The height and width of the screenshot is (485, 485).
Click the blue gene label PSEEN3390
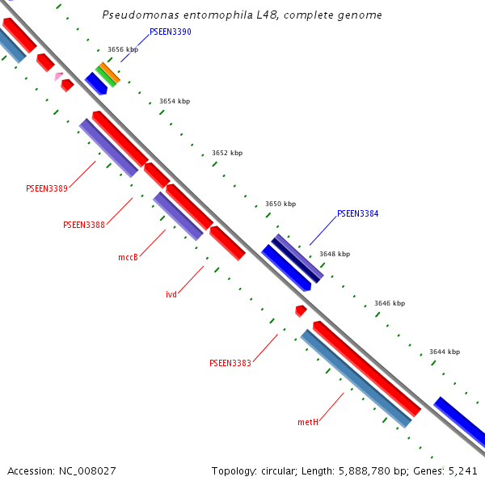(x=171, y=32)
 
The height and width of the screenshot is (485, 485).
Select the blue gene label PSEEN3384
(x=357, y=214)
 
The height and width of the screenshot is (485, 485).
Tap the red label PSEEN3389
(x=47, y=188)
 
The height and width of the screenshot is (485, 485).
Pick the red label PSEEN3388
(x=84, y=225)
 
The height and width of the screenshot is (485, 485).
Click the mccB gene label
(x=128, y=258)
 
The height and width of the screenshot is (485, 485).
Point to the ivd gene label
(x=171, y=294)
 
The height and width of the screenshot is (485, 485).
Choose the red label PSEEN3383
(x=230, y=364)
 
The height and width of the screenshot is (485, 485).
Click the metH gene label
(x=308, y=422)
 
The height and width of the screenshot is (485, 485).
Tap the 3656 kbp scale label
(x=123, y=50)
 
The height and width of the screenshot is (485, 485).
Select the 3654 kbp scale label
(x=175, y=102)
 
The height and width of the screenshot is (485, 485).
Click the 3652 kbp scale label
(x=227, y=153)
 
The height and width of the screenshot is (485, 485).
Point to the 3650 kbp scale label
(x=280, y=205)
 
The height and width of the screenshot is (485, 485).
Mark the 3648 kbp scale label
(x=335, y=254)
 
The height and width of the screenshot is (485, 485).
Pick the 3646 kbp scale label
(x=390, y=304)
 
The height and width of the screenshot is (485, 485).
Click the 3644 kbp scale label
(x=445, y=352)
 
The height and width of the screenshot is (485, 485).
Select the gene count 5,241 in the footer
(x=463, y=470)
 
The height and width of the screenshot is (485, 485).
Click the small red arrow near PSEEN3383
(x=301, y=310)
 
